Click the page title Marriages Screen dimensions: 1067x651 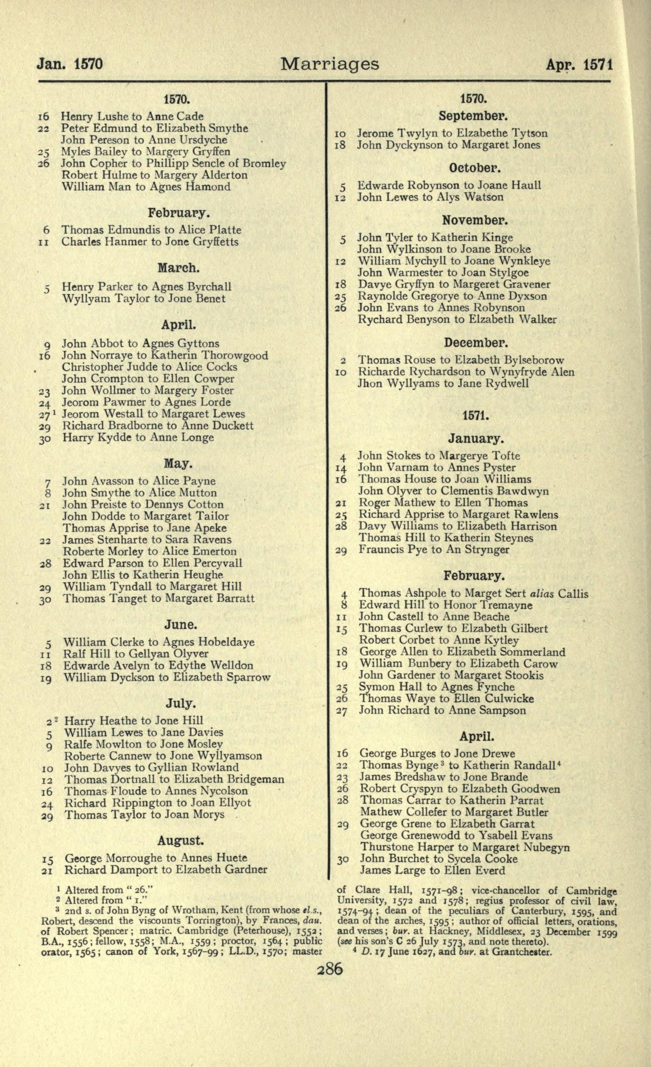[x=329, y=64]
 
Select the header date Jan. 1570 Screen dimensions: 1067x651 [x=70, y=65]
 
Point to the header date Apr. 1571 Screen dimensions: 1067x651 [x=579, y=65]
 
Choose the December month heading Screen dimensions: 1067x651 [x=475, y=343]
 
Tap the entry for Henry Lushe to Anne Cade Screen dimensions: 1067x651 [x=132, y=117]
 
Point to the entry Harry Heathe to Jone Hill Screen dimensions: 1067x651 [x=134, y=721]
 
